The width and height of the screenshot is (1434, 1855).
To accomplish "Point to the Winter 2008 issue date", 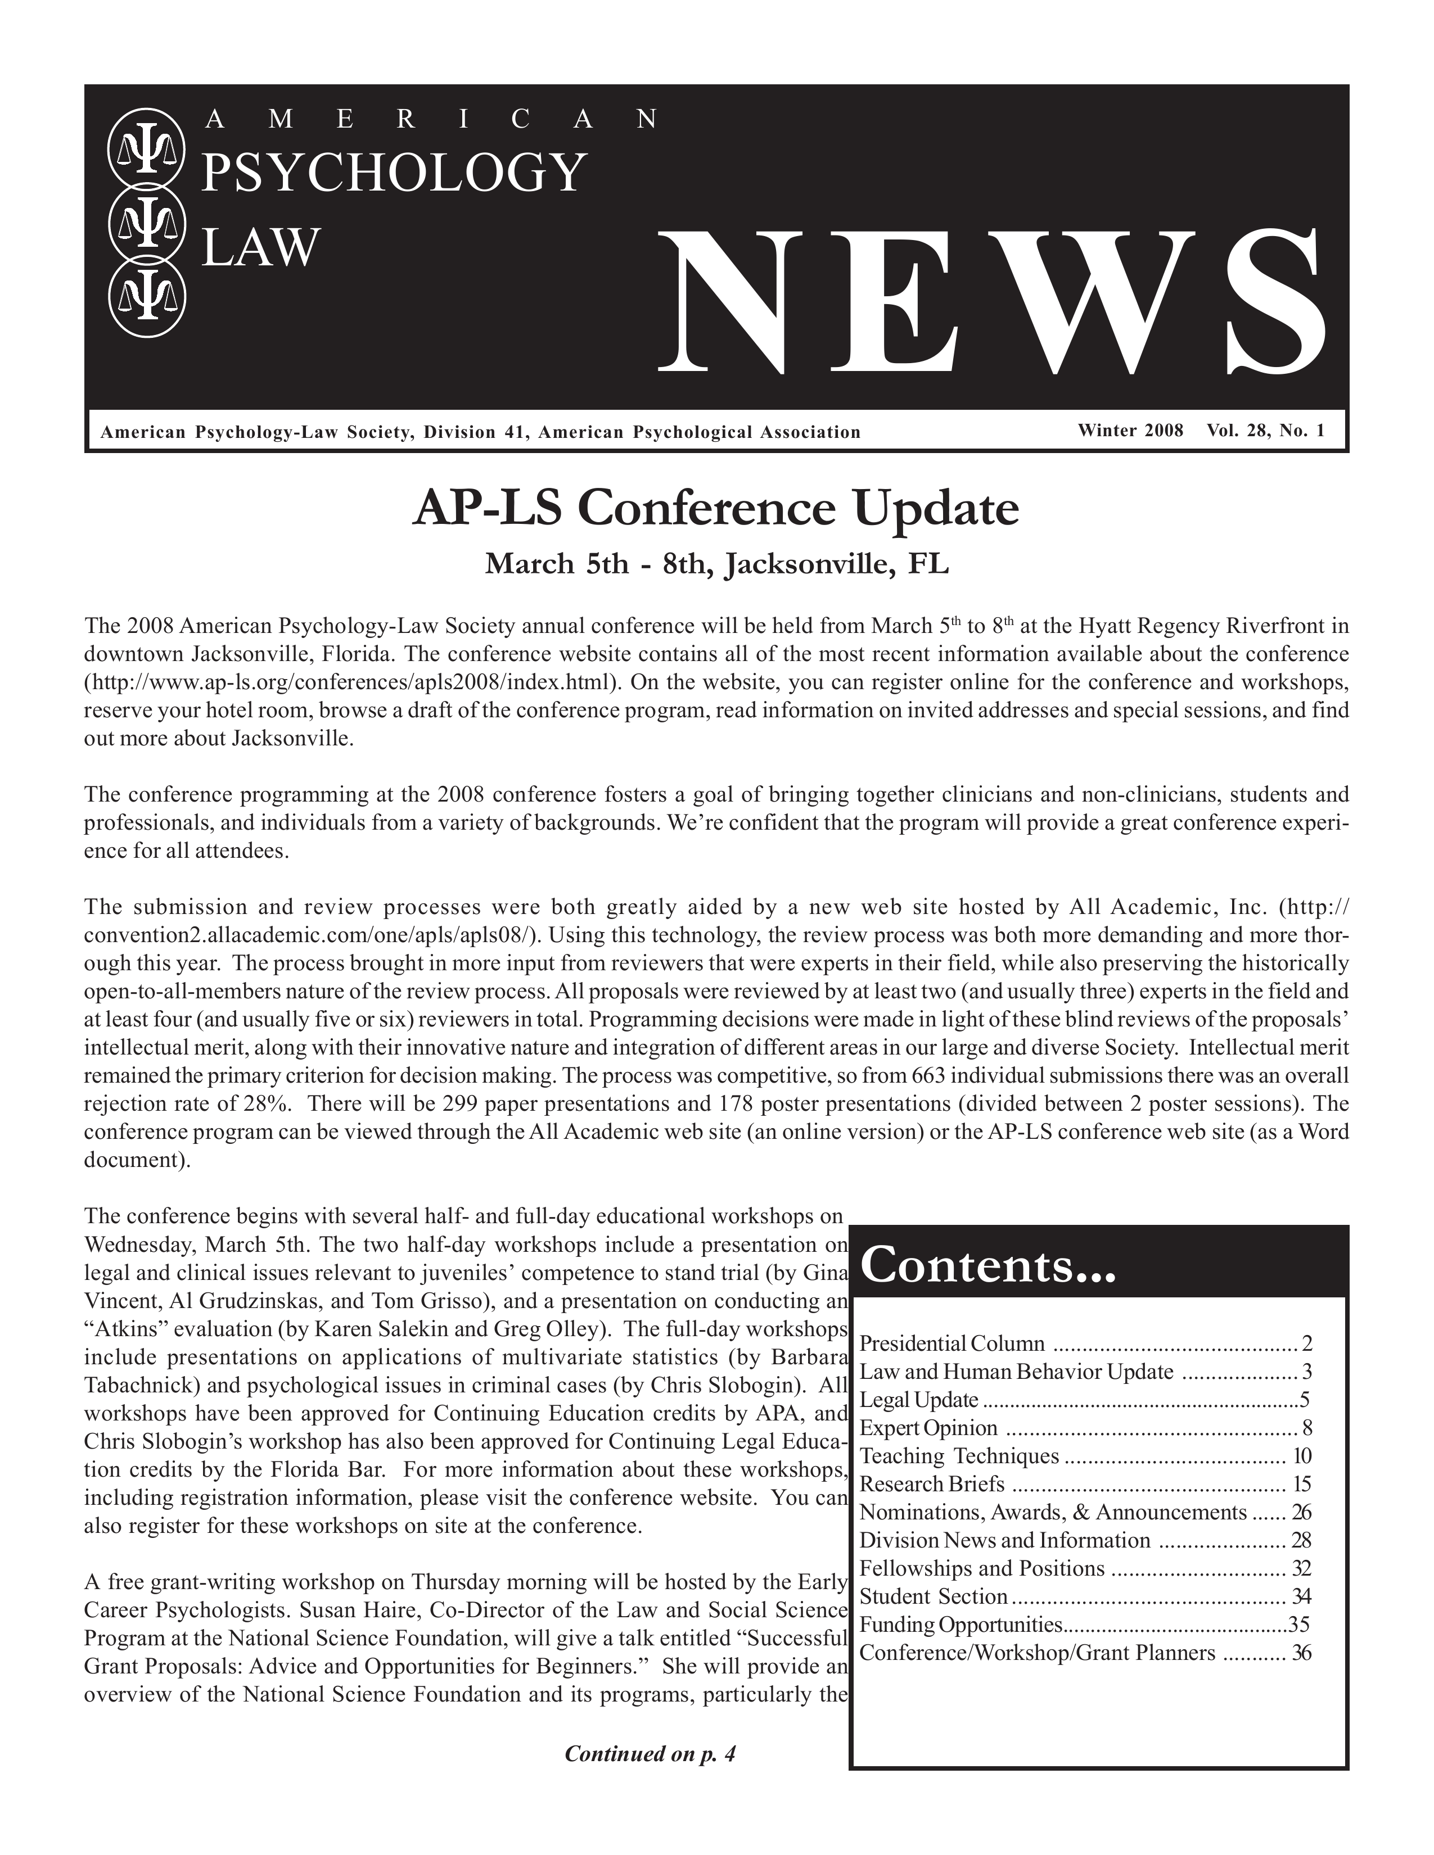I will [x=1130, y=431].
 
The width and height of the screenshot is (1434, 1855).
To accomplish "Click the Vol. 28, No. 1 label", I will [x=1265, y=431].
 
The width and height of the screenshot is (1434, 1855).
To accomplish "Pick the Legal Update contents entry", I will [x=919, y=1399].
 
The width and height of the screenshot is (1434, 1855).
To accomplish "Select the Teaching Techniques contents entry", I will [x=959, y=1456].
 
